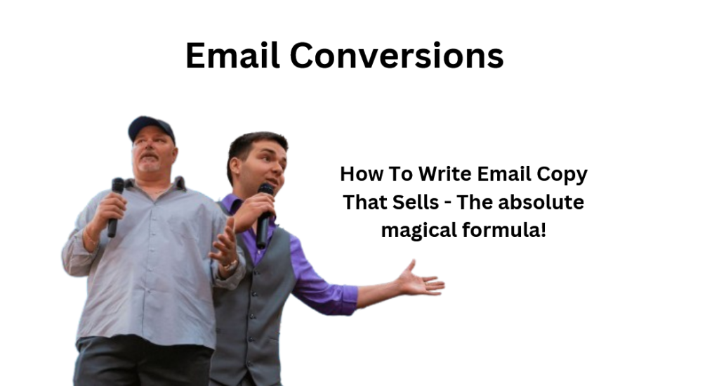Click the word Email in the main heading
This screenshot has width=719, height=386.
pyautogui.click(x=232, y=55)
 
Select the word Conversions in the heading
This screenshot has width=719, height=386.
pyautogui.click(x=397, y=55)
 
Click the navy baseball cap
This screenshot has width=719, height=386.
pyautogui.click(x=150, y=127)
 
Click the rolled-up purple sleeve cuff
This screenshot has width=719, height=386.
pyautogui.click(x=345, y=299)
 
